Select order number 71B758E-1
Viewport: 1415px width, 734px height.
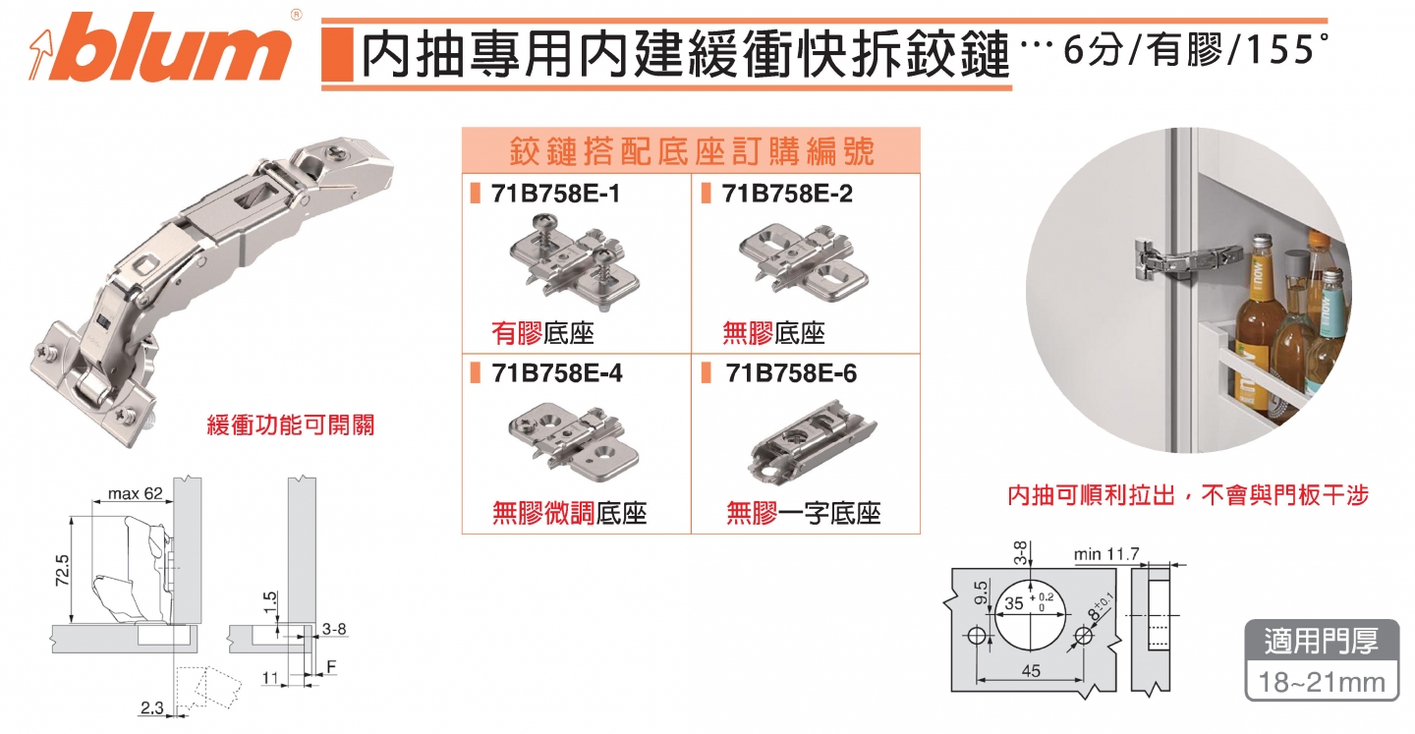coord(556,195)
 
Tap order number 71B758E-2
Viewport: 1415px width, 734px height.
coord(787,195)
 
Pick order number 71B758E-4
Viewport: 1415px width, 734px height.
coord(556,374)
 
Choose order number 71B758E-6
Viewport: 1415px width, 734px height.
coord(790,374)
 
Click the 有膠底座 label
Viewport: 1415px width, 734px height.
coord(542,333)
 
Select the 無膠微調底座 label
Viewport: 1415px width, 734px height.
coord(569,513)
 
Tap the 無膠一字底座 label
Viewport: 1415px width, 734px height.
coord(803,513)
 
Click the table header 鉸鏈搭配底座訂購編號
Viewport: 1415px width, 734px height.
coord(692,152)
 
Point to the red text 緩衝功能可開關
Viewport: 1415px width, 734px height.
coord(290,425)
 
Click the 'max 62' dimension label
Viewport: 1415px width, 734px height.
coord(135,493)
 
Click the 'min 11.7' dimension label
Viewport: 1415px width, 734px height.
coord(1105,554)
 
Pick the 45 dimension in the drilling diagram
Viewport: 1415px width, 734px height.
coord(1029,671)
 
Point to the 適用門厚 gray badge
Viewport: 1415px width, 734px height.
coord(1322,642)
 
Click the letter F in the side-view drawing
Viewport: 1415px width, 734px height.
coord(331,665)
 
